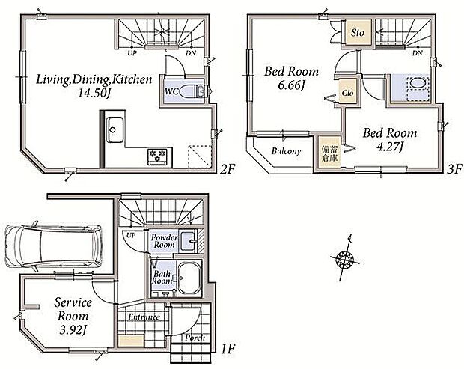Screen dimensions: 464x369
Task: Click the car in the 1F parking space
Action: click(53, 246)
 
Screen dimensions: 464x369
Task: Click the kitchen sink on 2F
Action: click(115, 129)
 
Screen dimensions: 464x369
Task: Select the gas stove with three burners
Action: click(158, 157)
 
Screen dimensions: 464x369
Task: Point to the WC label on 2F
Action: click(171, 92)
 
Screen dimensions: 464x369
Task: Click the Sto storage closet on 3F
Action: click(358, 32)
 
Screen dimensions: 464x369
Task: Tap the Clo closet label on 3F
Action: click(348, 93)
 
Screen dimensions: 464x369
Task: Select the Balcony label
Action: click(286, 151)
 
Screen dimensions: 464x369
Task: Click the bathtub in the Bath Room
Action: click(188, 278)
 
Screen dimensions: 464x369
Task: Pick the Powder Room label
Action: click(164, 241)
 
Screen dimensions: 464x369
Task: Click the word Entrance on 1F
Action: click(144, 317)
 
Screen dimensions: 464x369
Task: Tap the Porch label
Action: click(195, 338)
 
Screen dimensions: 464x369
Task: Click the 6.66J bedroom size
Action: click(291, 86)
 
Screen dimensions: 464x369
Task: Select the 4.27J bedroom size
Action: click(390, 147)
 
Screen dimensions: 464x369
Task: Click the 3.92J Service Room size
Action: click(73, 329)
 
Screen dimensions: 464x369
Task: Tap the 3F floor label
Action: click(454, 170)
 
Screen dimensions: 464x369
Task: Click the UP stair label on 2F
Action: click(132, 54)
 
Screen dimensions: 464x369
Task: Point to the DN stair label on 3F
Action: click(418, 53)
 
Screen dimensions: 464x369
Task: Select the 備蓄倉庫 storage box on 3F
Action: click(329, 153)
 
